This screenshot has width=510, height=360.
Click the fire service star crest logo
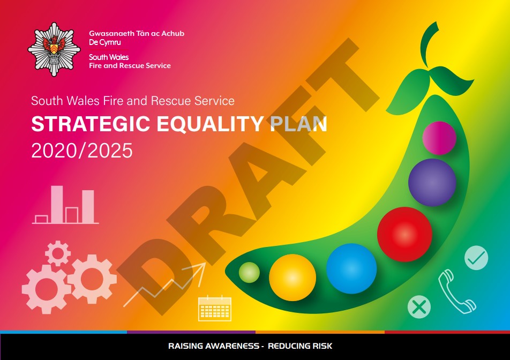(x=54, y=49)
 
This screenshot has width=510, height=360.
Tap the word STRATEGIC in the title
(x=91, y=124)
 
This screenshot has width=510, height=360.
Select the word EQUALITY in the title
(x=210, y=124)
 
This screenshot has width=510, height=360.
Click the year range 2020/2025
(x=82, y=151)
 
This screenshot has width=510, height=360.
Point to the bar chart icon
(x=65, y=205)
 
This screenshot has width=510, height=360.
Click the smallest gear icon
(x=58, y=253)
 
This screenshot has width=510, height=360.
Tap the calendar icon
(x=215, y=308)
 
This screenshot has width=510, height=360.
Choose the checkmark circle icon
(x=476, y=258)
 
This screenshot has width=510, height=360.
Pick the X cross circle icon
(x=419, y=307)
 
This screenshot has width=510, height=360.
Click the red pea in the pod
(x=404, y=234)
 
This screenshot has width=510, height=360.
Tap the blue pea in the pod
(x=351, y=268)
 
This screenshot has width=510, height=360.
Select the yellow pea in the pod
(x=292, y=277)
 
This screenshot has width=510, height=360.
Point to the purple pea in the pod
(x=432, y=183)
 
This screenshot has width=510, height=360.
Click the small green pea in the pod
(x=249, y=273)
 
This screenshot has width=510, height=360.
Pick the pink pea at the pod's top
(x=439, y=138)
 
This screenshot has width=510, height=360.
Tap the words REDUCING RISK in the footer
(x=300, y=346)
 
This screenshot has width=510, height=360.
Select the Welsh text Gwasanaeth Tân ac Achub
(x=137, y=34)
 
